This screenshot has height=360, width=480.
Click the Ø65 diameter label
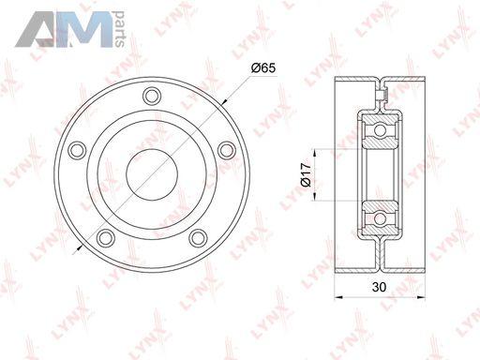263,67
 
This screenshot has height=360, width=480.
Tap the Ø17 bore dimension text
307,174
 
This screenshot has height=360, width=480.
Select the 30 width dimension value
379,287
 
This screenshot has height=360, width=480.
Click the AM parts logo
69,29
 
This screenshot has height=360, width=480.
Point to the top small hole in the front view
152,96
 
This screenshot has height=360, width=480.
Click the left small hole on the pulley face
77,150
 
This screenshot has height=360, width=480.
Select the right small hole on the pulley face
227,150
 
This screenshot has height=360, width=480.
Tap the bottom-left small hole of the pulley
106,238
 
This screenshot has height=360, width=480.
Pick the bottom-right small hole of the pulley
198,238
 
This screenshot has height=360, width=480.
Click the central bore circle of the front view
152,174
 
